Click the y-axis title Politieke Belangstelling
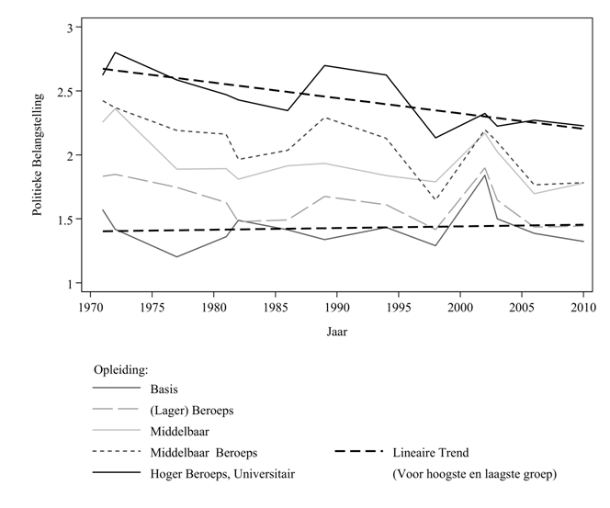(x=38, y=156)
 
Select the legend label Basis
(x=164, y=389)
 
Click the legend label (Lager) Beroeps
(x=189, y=411)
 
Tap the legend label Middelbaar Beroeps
(x=204, y=452)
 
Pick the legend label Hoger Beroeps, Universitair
(x=221, y=473)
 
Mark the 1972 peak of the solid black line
(x=115, y=52)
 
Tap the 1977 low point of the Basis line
(x=176, y=256)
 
